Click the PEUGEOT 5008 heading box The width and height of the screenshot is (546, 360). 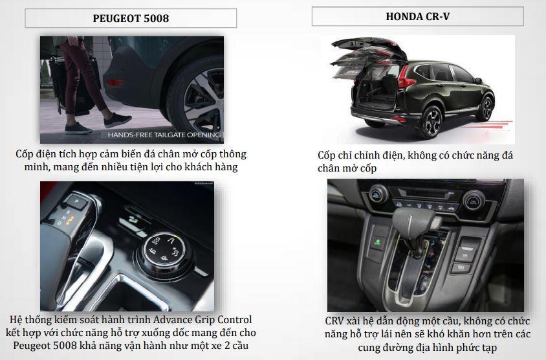pos(131,18)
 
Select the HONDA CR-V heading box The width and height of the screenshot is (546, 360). pos(417,16)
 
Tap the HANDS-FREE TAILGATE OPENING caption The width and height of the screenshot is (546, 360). pos(164,135)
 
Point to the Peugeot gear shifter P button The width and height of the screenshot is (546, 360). pos(77,202)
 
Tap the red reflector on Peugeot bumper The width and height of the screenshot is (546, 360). pos(115,83)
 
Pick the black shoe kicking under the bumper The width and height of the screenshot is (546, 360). pos(117,120)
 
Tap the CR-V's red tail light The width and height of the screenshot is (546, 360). pos(406,79)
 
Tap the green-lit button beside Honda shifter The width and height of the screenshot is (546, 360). pos(378,242)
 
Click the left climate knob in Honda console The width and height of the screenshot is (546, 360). pos(378,194)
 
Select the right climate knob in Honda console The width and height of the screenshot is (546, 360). pos(474,200)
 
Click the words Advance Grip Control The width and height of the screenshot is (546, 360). pos(202,320)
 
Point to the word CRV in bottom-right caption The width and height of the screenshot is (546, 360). pos(335,321)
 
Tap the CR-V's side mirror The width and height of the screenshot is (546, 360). pos(477,80)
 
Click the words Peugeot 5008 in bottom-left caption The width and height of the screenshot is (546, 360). pos(45,346)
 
